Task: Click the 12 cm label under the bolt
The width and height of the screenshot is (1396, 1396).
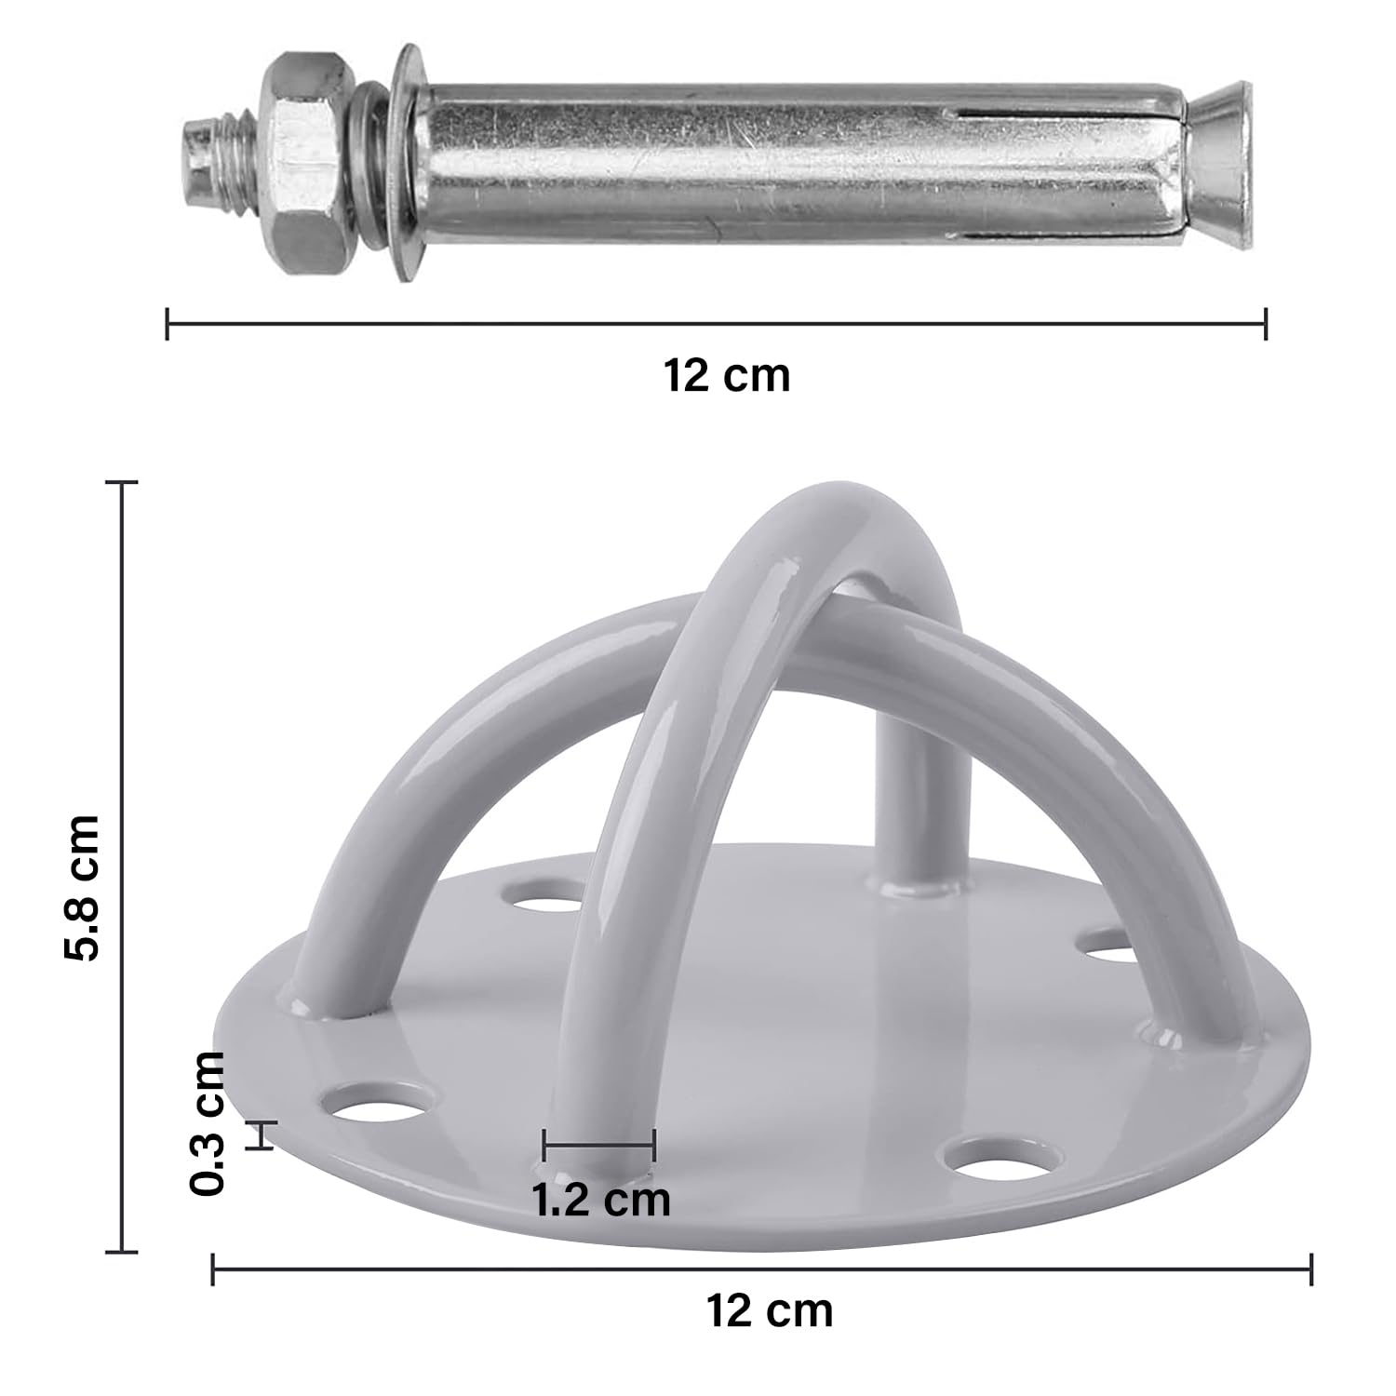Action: click(x=727, y=376)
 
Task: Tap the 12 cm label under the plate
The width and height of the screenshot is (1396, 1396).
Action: click(x=770, y=1310)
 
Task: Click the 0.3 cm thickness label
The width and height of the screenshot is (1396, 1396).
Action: click(x=207, y=1122)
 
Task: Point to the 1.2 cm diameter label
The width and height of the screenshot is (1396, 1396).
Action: click(x=601, y=1200)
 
